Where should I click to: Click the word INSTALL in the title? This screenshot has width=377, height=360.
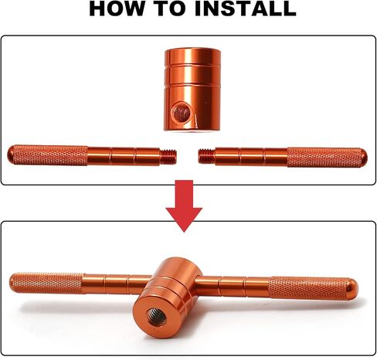pos(246,8)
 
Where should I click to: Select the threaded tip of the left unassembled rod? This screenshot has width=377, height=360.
pos(168,156)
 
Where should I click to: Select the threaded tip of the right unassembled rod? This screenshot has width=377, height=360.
pos(207,156)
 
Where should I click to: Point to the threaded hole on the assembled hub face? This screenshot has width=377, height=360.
pos(157,318)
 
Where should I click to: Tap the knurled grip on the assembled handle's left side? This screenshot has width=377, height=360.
pos(49,283)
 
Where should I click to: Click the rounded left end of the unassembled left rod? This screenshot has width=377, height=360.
pos(11,155)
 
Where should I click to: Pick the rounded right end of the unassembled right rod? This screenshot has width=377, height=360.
pos(364,158)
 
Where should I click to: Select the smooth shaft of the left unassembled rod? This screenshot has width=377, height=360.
pos(124,156)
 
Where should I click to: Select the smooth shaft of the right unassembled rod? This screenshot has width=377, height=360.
pos(251,157)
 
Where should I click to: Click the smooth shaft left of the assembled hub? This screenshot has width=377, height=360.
pos(117,284)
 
